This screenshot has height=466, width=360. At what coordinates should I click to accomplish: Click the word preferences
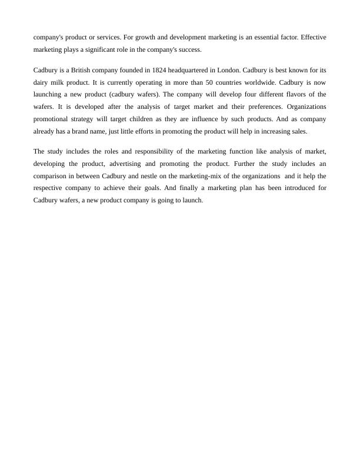point(262,106)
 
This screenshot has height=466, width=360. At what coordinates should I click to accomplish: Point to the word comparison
point(51,176)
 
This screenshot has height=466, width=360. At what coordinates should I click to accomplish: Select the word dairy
point(42,82)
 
